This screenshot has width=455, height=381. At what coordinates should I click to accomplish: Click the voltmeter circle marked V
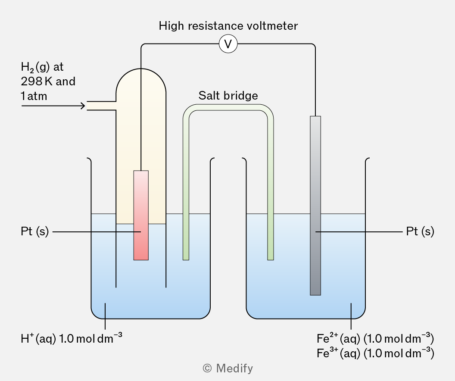[x=228, y=44]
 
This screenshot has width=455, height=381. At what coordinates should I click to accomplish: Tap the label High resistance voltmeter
[x=228, y=26]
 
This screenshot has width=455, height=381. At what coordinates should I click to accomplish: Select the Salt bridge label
[x=228, y=96]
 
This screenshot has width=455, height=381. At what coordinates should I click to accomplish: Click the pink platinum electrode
[x=141, y=215]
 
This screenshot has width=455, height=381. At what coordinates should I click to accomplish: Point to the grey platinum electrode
[x=315, y=206]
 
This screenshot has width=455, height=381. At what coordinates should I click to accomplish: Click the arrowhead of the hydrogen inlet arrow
[x=84, y=106]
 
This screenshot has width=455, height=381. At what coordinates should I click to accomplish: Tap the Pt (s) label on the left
[x=35, y=231]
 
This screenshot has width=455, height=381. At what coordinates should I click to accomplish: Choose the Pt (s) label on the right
[x=420, y=231]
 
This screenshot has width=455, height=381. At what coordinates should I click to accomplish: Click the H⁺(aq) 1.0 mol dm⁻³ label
[x=72, y=338]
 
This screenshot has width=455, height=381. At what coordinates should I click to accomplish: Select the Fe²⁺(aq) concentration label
[x=375, y=338]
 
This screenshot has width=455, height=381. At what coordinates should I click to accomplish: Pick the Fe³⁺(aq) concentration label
[x=375, y=353]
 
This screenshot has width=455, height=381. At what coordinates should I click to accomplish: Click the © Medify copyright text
[x=228, y=368]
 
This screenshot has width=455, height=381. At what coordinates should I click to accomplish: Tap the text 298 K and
[x=48, y=81]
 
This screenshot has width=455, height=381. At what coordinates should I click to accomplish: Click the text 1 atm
[x=34, y=96]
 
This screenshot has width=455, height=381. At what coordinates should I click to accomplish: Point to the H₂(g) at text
[x=42, y=67]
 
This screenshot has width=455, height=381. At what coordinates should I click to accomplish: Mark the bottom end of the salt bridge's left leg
[x=186, y=260]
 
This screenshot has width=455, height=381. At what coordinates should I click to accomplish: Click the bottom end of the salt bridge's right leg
[x=271, y=260]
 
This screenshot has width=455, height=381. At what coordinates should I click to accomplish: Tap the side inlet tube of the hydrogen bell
[x=101, y=106]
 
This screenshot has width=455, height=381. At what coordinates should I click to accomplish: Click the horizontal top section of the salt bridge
[x=228, y=107]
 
